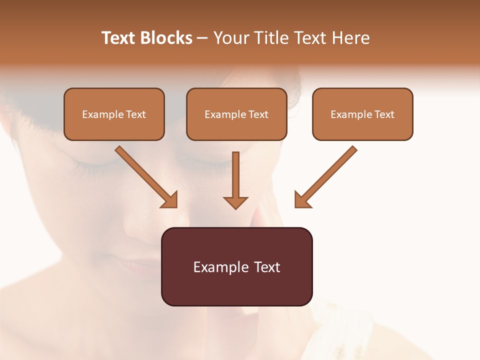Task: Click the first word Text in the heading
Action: point(120,38)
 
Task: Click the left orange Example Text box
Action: point(114,114)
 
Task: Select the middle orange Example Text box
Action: point(236,114)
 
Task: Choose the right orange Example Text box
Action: point(362,114)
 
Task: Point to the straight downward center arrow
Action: point(235,177)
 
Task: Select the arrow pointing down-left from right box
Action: point(327,175)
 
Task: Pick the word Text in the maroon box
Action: point(267,267)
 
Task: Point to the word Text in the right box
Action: point(384,114)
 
